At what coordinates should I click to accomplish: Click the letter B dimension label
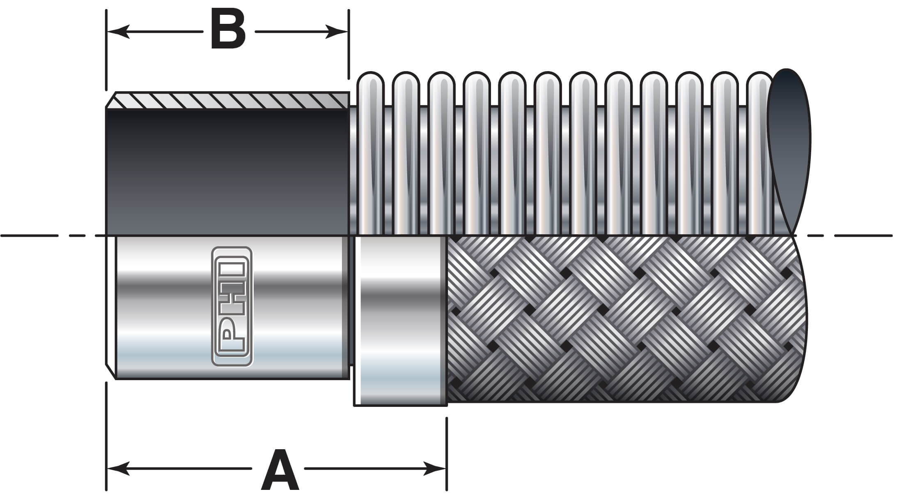(228, 30)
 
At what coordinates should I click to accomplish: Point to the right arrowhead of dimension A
(435, 468)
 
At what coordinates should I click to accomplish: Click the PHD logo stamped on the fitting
(232, 306)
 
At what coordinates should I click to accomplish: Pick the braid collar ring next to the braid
(400, 321)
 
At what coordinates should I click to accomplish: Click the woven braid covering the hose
(616, 319)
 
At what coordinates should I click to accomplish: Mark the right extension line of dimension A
(447, 452)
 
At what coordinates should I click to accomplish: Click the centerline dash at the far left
(29, 235)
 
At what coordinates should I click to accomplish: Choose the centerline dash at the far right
(862, 235)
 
